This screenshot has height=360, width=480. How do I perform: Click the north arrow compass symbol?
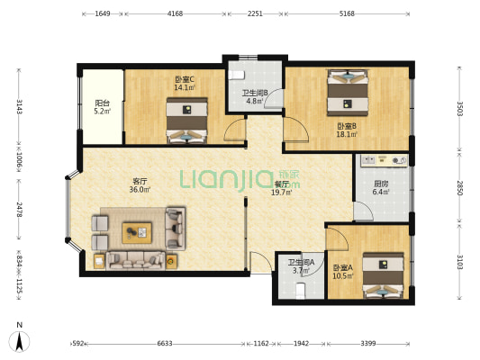20,340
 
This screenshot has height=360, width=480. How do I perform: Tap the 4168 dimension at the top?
176,13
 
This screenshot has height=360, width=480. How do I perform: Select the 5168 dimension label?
347,13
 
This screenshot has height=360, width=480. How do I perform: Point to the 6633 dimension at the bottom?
165,344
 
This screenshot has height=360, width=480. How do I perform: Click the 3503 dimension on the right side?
460,109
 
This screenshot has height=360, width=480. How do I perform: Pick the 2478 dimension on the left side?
19,210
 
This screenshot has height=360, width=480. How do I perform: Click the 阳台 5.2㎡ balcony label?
103,107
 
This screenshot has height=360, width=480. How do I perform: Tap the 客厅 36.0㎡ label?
140,185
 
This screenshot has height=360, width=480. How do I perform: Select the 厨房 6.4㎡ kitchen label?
381,188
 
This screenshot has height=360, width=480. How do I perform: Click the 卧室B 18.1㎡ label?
347,130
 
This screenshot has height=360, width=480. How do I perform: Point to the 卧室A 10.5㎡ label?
343,272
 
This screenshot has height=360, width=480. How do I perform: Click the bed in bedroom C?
187,121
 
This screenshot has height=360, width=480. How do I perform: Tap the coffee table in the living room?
137,233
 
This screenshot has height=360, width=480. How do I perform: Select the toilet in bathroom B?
236,75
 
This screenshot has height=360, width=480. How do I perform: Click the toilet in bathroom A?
301,291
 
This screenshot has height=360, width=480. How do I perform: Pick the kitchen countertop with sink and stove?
385,160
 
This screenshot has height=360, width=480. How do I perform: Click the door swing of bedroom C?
235,130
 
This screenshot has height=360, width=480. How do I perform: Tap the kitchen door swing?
363,211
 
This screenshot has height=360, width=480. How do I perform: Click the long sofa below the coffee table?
135,261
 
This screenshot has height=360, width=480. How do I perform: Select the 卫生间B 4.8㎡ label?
255,96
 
